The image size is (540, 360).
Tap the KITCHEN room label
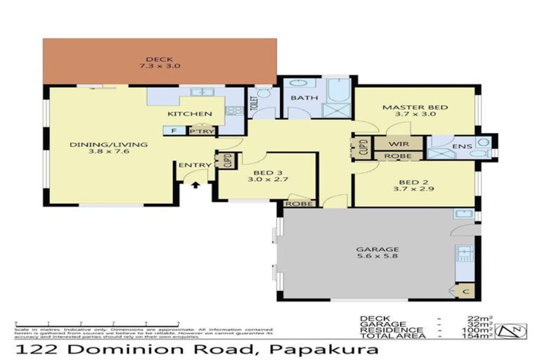coord(189,114)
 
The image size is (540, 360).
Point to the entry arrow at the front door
coord(195,185)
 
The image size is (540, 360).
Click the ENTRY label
coord(195,165)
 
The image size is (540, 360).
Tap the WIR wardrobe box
coord(396,143)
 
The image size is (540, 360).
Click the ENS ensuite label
coord(461,146)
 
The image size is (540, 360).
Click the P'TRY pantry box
coord(202,131)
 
